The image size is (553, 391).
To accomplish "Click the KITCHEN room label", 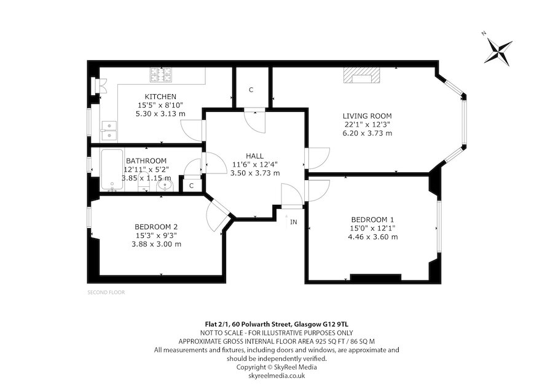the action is point(160,97).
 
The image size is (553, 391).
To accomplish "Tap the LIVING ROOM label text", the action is point(367,116).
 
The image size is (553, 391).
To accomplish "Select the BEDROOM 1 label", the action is point(372,219).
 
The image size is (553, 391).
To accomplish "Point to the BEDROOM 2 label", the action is point(156,227).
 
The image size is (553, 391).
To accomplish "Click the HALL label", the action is point(254,156).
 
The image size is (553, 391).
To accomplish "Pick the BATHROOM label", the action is point(146,161).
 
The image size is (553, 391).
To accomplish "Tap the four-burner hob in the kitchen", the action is point(162,75).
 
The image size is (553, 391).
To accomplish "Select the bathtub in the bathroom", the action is point(112,170).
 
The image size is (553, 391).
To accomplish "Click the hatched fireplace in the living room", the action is point(362,75).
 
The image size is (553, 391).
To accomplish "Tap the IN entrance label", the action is point(294,222).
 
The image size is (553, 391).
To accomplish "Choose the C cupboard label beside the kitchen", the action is point(251,90).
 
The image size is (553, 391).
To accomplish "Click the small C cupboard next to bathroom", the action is point(192,186).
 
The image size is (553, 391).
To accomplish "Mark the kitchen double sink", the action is point(109,130).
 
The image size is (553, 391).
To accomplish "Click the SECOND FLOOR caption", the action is point(106,292).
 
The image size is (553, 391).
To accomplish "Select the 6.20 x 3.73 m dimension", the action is point(367,133).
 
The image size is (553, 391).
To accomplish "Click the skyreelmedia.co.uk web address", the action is point(276,376).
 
